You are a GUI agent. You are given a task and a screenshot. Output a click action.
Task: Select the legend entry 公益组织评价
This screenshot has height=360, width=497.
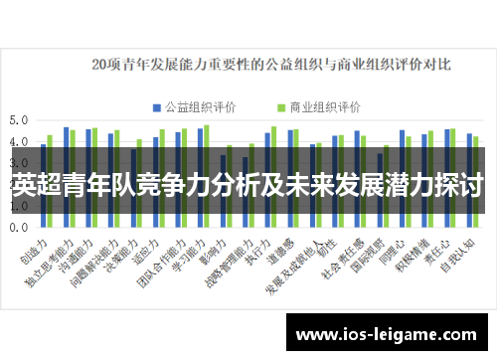[198, 106]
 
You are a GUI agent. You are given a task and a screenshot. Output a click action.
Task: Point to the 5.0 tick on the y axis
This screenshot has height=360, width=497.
[19, 120]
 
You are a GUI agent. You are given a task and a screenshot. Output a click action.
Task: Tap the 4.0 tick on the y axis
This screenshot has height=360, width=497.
[19, 142]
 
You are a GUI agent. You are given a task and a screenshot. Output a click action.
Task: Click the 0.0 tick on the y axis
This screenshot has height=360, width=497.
[19, 228]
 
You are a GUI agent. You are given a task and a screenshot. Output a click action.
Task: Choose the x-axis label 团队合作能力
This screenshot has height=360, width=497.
[164, 257]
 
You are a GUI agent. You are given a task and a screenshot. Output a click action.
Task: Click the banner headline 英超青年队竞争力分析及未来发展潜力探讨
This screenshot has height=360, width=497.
[248, 185]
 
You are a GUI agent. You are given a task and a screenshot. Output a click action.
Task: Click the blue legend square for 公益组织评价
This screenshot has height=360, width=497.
[156, 106]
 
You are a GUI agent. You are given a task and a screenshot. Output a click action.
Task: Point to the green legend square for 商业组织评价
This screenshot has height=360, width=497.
[278, 106]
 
